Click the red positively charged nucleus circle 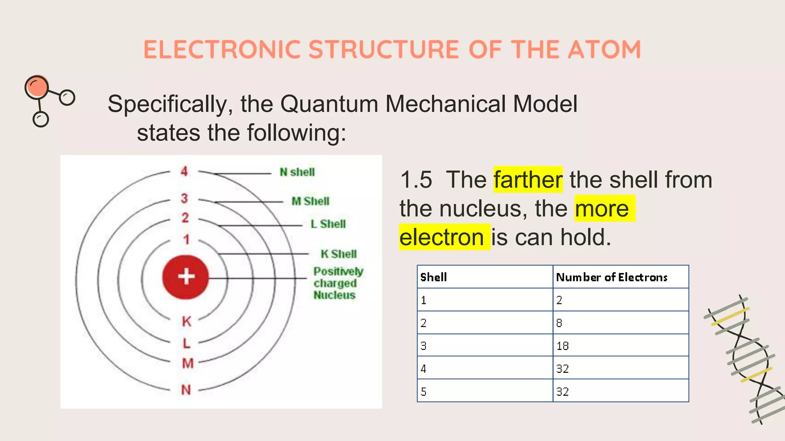coord(186,277)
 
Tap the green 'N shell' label coord(297,172)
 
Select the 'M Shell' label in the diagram coord(310,201)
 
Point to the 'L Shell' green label coord(328,224)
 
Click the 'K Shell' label coord(339,254)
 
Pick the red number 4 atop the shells coord(184,171)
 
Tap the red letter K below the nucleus coord(186,322)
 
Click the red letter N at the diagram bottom coord(186,390)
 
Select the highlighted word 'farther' coord(528,180)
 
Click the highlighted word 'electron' coord(442,237)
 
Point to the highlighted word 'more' coord(602,209)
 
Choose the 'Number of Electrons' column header coord(612,277)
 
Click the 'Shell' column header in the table coord(434,277)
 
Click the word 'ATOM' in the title coord(604,50)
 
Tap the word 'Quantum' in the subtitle coord(329,104)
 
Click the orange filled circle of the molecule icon coord(37,87)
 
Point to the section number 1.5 coord(416,180)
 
